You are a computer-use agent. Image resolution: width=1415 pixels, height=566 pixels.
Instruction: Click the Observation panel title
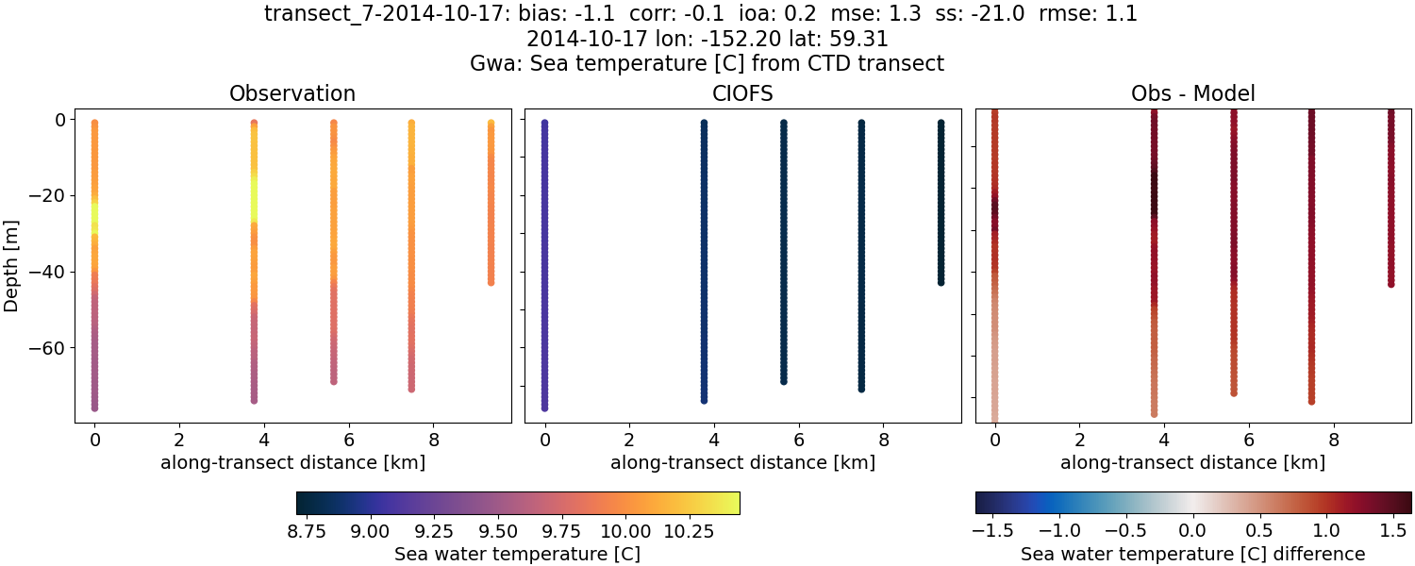coord(292,94)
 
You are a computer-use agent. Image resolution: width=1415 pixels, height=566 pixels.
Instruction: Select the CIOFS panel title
coord(742,94)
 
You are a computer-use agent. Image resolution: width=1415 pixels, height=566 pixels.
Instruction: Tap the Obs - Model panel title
coord(1192,94)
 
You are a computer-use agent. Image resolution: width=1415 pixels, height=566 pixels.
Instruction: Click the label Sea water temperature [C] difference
coord(1192,555)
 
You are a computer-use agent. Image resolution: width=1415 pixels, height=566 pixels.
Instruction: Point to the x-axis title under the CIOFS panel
coord(742,463)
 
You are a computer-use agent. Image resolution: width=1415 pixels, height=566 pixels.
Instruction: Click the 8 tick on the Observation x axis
coord(434,440)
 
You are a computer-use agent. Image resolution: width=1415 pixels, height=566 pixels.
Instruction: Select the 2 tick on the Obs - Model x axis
coord(1079,440)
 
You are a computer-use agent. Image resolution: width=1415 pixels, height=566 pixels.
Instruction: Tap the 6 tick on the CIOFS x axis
coord(799,440)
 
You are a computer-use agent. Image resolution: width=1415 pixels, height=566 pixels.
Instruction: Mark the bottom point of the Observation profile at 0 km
coord(94,408)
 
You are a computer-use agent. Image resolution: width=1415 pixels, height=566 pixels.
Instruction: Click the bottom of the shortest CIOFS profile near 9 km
coord(941,281)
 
